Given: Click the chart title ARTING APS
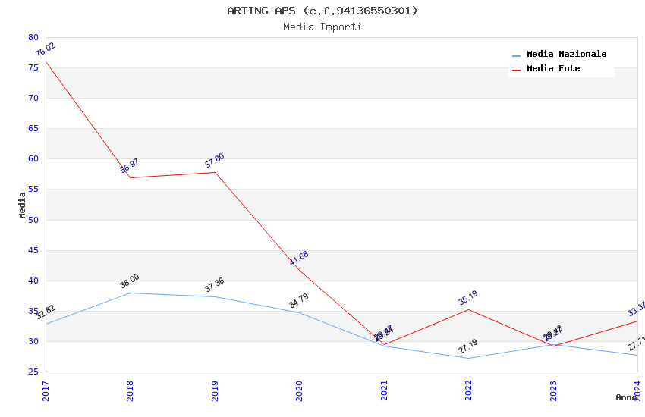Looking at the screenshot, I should tap(322, 11).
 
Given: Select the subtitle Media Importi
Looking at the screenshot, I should tap(322, 27).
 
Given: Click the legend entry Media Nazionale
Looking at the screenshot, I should tap(566, 55).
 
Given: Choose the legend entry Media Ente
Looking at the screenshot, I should tap(553, 69).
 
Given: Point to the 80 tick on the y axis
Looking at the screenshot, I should tap(33, 37).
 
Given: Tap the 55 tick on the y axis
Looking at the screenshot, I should tap(33, 190).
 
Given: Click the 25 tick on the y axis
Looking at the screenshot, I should tap(33, 372).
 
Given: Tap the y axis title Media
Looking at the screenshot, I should tap(23, 205).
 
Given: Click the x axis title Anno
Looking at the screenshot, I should tap(626, 397).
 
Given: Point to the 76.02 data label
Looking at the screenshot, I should tap(46, 51).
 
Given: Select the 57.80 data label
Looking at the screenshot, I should tap(215, 161).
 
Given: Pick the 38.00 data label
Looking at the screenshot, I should tap(130, 281).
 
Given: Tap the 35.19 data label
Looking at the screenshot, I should tap(468, 298).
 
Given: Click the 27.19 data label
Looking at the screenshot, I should tap(468, 346).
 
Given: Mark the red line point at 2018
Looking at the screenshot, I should tap(131, 177).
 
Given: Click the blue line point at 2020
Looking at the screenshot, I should tap(300, 312).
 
